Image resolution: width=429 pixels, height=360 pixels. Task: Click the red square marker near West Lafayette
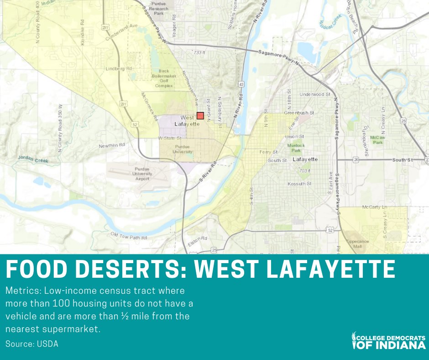[x=200, y=116]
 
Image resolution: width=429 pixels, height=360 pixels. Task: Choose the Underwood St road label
[x=312, y=95]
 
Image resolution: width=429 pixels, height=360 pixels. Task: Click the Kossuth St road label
[x=299, y=184]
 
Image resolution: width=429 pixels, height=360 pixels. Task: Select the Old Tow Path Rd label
[x=129, y=236]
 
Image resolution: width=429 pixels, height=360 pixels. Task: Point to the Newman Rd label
[x=112, y=146]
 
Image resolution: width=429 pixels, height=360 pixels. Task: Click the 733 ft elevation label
[x=199, y=53]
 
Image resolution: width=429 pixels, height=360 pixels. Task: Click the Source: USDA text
[x=32, y=344]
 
